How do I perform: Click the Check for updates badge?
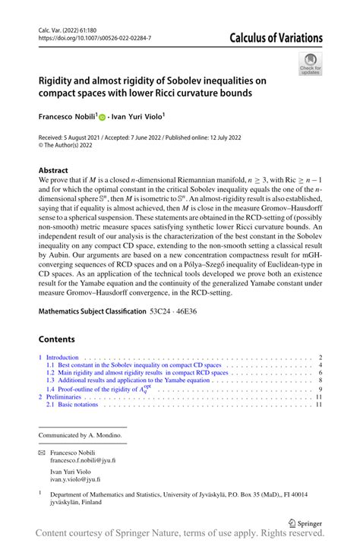click(310, 64)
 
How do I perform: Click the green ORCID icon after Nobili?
click(104, 119)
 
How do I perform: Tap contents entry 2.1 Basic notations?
click(72, 405)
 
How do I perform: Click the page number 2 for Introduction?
click(321, 357)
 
